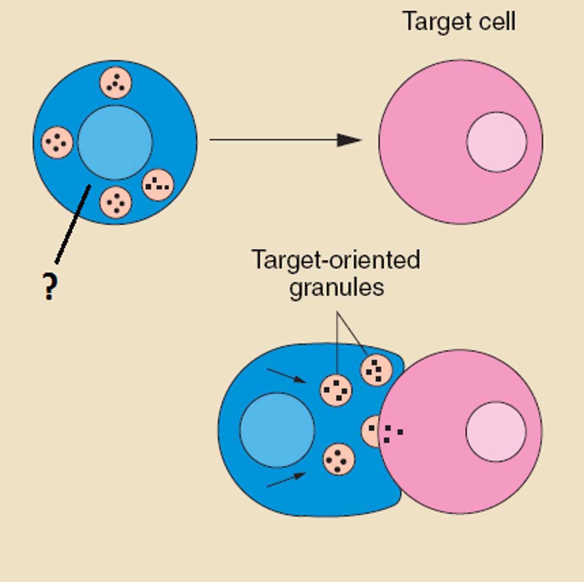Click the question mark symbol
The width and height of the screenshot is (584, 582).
pyautogui.click(x=49, y=287)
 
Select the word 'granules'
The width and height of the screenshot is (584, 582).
pyautogui.click(x=336, y=287)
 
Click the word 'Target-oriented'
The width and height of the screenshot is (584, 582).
pyautogui.click(x=335, y=260)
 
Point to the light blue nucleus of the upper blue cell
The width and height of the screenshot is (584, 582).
pyautogui.click(x=115, y=143)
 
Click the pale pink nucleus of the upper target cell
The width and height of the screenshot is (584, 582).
pyautogui.click(x=496, y=142)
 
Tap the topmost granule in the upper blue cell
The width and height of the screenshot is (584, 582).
pyautogui.click(x=116, y=83)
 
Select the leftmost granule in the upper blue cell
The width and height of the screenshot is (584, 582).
pyautogui.click(x=57, y=143)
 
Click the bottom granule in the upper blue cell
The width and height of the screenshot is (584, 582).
pyautogui.click(x=115, y=202)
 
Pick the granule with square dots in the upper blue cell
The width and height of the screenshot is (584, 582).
pyautogui.click(x=158, y=185)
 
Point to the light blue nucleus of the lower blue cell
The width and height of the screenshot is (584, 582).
pyautogui.click(x=277, y=430)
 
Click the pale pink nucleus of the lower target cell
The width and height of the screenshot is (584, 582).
pyautogui.click(x=496, y=432)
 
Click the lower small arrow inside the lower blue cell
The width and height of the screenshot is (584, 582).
pyautogui.click(x=286, y=480)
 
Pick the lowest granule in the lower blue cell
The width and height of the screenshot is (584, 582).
pyautogui.click(x=338, y=459)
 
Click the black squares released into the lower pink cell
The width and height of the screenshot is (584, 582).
pyautogui.click(x=392, y=433)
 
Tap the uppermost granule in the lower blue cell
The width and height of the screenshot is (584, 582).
pyautogui.click(x=376, y=370)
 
